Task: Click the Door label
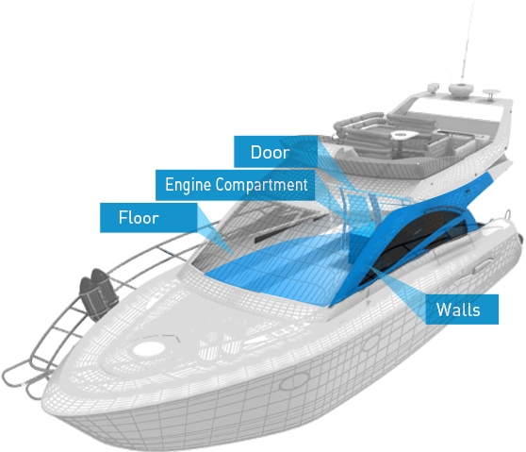tap(270, 152)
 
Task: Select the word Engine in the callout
tap(189, 185)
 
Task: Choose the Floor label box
tap(149, 218)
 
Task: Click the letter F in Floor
tap(123, 217)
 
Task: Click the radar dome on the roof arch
tap(461, 90)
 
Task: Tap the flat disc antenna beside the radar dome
tap(491, 93)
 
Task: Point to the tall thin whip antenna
tap(468, 41)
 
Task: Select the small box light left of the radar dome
tap(434, 87)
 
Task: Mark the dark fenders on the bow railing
tap(98, 293)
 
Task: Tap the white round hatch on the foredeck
tap(149, 348)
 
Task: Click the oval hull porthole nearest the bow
tap(294, 381)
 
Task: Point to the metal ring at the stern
tap(508, 214)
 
